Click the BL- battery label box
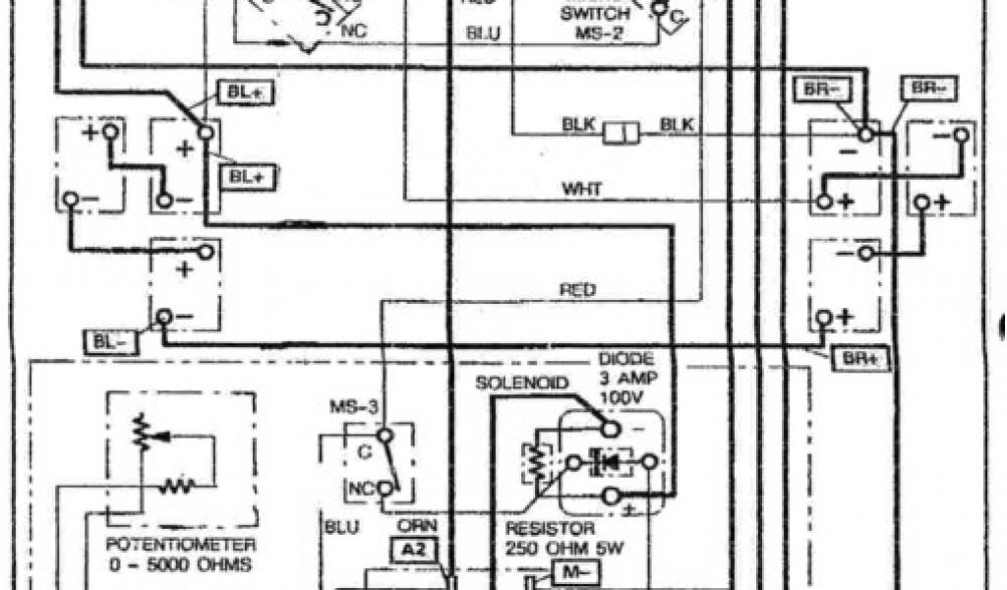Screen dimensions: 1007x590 click(x=105, y=342)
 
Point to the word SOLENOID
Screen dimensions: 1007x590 click(x=523, y=382)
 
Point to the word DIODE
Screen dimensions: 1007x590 click(x=626, y=360)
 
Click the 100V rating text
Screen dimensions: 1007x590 click(x=626, y=397)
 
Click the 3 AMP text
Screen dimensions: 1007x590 click(x=626, y=379)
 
